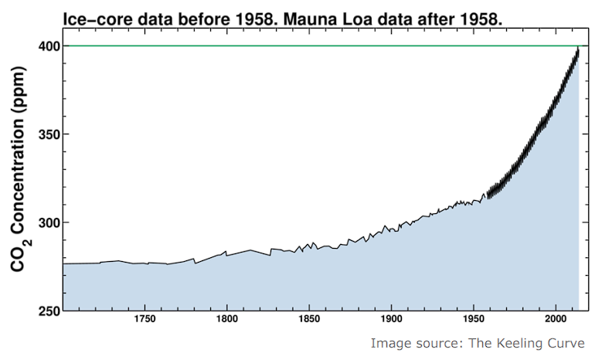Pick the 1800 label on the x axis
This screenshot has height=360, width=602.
tap(226, 318)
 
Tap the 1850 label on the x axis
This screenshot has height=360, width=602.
tap(309, 318)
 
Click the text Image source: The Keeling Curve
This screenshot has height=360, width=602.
tap(477, 343)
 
